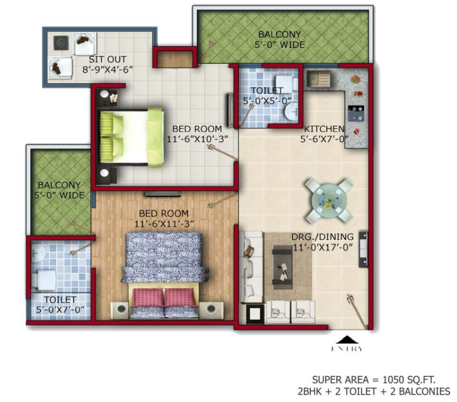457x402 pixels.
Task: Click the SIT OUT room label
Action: pyautogui.click(x=107, y=59)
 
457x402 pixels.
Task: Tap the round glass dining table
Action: pyautogui.click(x=328, y=200)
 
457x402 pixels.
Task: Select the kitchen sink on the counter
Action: pyautogui.click(x=318, y=79)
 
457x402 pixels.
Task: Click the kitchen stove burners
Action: pyautogui.click(x=356, y=113)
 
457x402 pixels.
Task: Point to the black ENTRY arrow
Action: pyautogui.click(x=346, y=340)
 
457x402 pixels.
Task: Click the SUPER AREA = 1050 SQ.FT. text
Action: pyautogui.click(x=374, y=380)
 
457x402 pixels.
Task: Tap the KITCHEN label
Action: pyautogui.click(x=324, y=128)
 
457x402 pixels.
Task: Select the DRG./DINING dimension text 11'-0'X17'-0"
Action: pyautogui.click(x=323, y=248)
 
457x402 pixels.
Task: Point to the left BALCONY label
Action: pyautogui.click(x=59, y=185)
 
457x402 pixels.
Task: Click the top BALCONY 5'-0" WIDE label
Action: pyautogui.click(x=280, y=39)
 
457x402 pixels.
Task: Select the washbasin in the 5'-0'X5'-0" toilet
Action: pyautogui.click(x=291, y=111)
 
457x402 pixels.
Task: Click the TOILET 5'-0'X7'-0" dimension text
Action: pyautogui.click(x=61, y=309)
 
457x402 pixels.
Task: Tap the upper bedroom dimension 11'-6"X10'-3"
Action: pyautogui.click(x=197, y=139)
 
